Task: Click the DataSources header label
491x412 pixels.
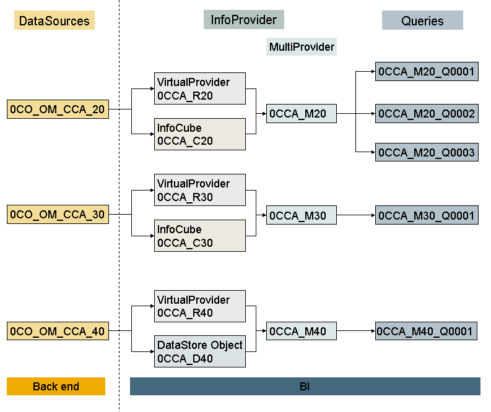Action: [54, 21]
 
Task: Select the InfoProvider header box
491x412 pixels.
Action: [243, 20]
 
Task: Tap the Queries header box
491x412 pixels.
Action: [422, 20]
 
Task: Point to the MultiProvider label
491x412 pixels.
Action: [302, 47]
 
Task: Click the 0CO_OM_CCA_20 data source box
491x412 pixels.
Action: [58, 109]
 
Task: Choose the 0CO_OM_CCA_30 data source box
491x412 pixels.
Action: [58, 215]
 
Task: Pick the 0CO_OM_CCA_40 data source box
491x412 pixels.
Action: [58, 331]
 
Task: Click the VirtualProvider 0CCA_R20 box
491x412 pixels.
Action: [199, 88]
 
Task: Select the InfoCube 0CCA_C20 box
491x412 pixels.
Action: [199, 134]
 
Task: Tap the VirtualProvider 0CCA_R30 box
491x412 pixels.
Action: [199, 190]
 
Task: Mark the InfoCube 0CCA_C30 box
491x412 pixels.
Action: [199, 236]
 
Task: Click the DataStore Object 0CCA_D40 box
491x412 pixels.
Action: [199, 351]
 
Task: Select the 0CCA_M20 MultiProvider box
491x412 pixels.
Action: [301, 114]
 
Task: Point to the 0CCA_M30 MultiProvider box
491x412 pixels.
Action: [301, 215]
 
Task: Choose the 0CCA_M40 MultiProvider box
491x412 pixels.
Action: [301, 332]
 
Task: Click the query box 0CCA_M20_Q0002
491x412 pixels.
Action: [426, 114]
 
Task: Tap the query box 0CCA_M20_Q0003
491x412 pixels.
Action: [426, 152]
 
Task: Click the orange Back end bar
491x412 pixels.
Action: [56, 387]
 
